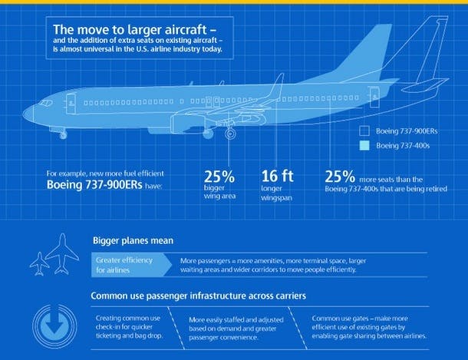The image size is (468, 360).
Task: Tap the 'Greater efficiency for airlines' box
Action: pos(126,266)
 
